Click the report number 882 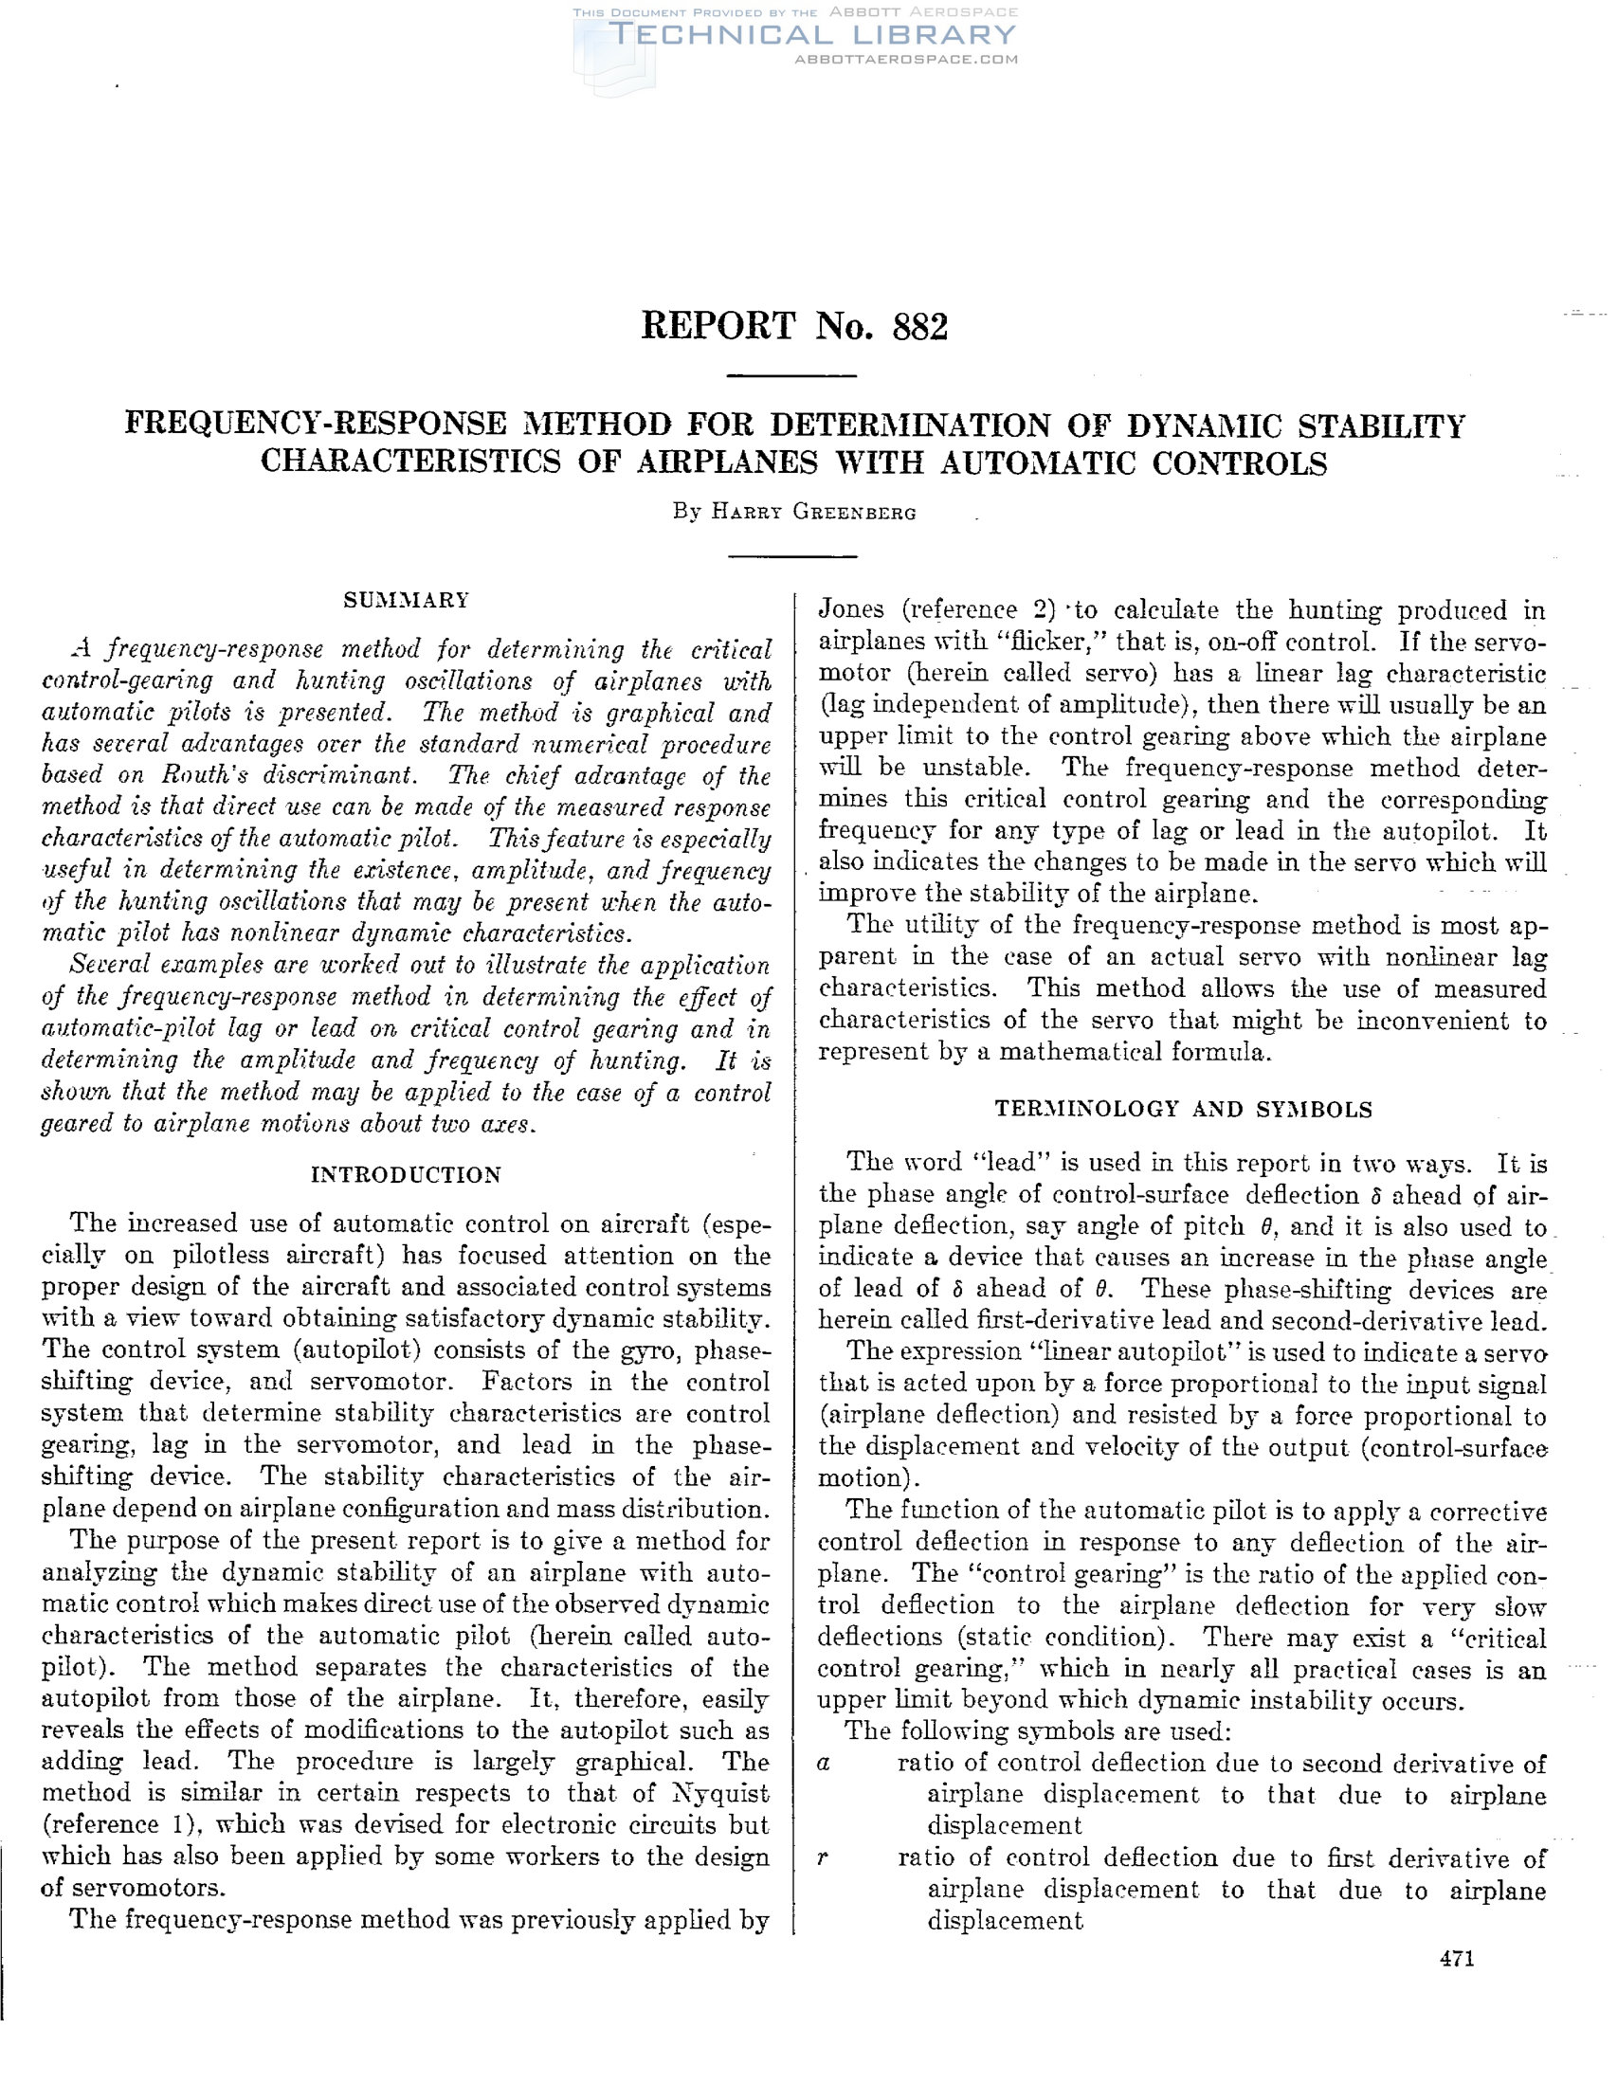(x=919, y=327)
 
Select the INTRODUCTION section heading (x=407, y=1175)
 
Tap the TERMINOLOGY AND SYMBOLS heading (x=1183, y=1109)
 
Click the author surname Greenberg (x=855, y=513)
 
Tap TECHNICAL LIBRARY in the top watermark (x=811, y=35)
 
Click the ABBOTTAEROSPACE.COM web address (x=906, y=59)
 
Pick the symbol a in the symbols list (x=825, y=1764)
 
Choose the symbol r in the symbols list (x=823, y=1857)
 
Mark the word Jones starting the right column (x=852, y=609)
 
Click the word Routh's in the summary (x=226, y=776)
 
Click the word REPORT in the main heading (x=718, y=327)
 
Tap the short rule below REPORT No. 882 (x=790, y=377)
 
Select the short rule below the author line (x=792, y=556)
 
